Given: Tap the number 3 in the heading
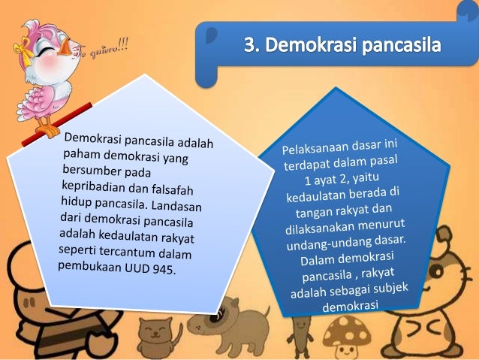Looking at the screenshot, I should coord(250,47).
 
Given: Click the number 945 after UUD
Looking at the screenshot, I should coord(161,267).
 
